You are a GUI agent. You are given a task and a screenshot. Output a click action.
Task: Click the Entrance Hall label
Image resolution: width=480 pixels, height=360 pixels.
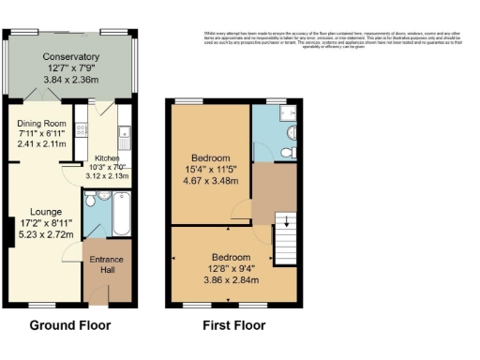pos(106,264)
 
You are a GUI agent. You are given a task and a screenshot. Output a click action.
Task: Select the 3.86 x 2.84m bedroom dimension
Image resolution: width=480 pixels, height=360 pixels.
pos(230,279)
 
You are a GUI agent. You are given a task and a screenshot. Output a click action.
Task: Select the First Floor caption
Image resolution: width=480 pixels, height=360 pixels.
pos(234,326)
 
